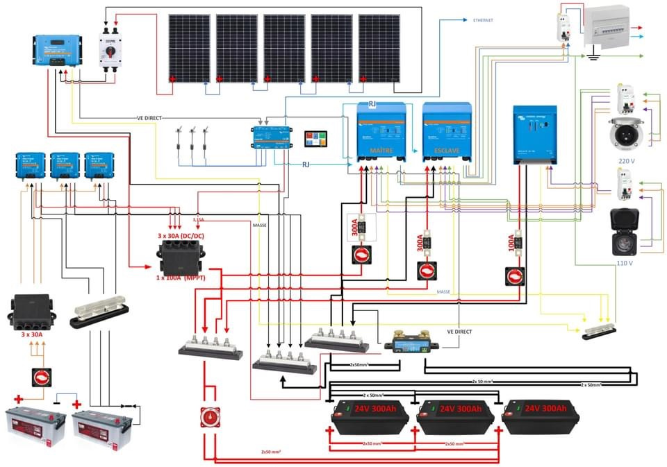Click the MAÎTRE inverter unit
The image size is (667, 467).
click(x=381, y=133)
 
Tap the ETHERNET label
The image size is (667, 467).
click(x=483, y=21)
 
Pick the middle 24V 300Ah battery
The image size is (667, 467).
click(x=455, y=416)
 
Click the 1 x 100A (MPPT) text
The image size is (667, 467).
click(x=180, y=278)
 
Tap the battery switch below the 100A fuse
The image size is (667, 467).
click(x=515, y=275)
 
